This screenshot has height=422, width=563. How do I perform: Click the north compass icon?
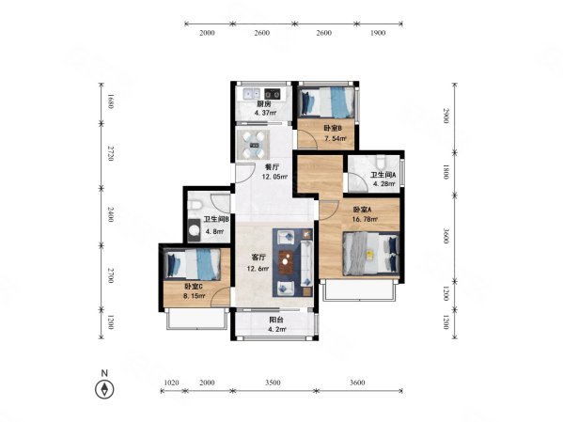[x=104, y=389]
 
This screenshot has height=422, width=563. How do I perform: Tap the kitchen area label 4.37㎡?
[x=265, y=113]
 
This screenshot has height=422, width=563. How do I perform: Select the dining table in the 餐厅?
[x=255, y=145]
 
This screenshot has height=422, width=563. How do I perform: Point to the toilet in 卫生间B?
[x=195, y=205]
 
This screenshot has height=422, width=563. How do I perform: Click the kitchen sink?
[x=251, y=93]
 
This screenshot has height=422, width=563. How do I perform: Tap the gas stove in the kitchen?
[x=272, y=94]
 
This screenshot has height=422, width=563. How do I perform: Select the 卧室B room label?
[x=333, y=128]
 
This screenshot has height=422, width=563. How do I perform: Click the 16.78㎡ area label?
[x=365, y=219]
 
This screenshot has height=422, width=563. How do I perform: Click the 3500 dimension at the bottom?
[x=273, y=383]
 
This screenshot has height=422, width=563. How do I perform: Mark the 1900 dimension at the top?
[x=377, y=33]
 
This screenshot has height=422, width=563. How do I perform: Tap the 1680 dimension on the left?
[x=110, y=102]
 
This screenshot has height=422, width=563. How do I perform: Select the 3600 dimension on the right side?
[x=446, y=236]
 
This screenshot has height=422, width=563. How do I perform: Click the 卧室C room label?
[x=194, y=287]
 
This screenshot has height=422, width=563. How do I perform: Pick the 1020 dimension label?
[x=171, y=383]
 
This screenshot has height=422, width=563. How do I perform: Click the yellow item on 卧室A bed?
[x=369, y=254]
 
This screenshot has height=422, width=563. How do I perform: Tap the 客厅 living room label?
[x=258, y=258]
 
